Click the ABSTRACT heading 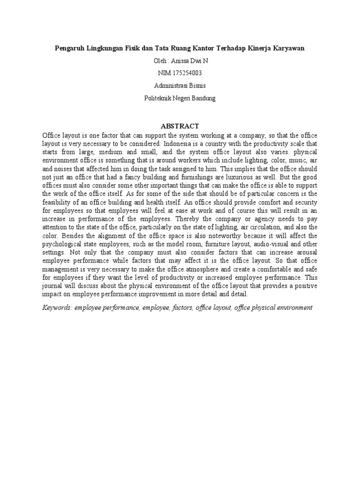(x=180, y=127)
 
